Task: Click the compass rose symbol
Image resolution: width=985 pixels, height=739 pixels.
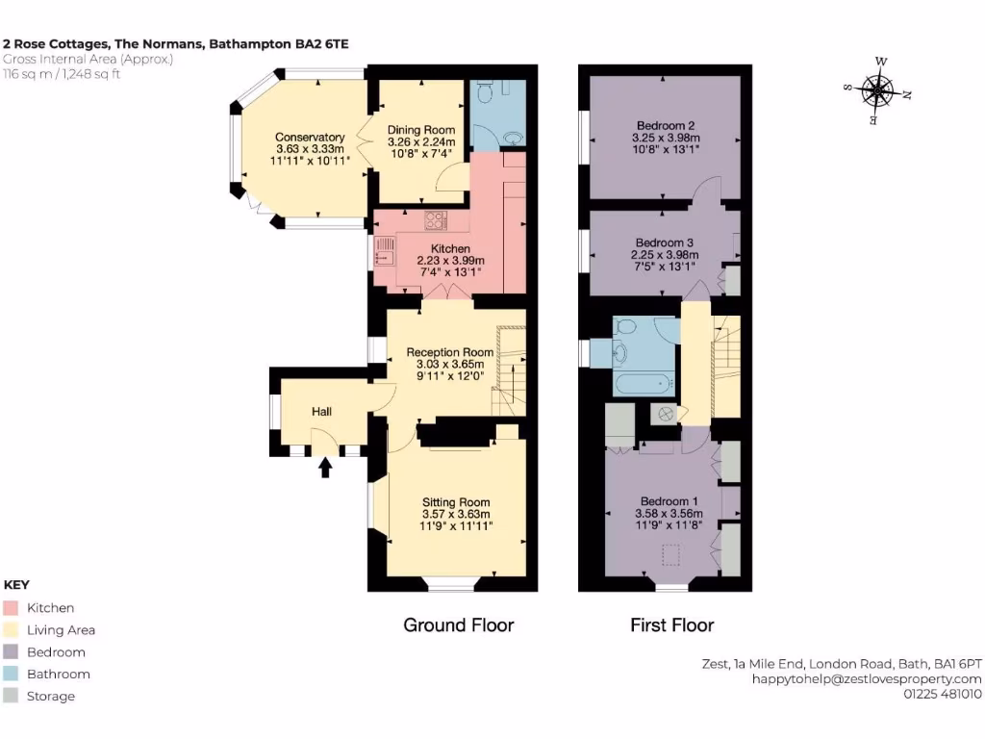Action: (x=876, y=93)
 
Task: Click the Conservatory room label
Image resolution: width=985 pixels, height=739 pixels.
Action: (x=310, y=137)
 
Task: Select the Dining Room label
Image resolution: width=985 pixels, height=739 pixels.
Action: (x=420, y=130)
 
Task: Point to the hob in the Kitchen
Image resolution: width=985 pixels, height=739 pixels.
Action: (x=436, y=220)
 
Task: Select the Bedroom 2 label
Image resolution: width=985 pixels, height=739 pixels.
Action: (x=665, y=125)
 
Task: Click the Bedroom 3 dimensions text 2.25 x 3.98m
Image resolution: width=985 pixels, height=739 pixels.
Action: (x=665, y=255)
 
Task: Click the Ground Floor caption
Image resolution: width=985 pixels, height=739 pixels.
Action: (x=458, y=625)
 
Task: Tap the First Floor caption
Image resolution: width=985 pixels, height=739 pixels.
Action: (x=671, y=625)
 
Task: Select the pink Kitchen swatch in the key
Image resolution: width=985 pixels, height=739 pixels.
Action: (x=11, y=608)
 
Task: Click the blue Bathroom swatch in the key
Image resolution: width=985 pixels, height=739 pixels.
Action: (x=11, y=675)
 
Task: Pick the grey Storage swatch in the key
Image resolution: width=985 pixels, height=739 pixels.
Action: (x=11, y=697)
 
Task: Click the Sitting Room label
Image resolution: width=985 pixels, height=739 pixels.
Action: (x=456, y=502)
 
